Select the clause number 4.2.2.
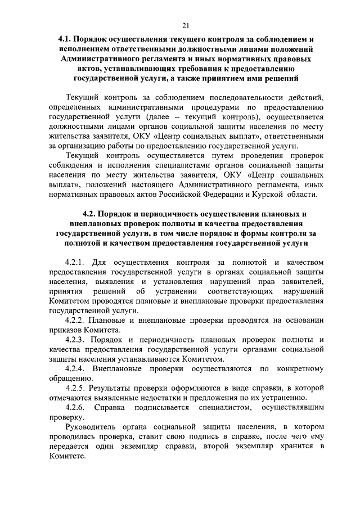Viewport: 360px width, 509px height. click(x=75, y=320)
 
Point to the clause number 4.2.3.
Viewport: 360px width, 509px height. click(x=75, y=340)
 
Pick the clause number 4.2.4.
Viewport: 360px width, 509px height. click(x=75, y=368)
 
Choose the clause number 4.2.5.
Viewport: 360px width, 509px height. click(x=75, y=389)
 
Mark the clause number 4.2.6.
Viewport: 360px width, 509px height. click(x=75, y=407)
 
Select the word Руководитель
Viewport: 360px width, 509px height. click(x=93, y=427)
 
